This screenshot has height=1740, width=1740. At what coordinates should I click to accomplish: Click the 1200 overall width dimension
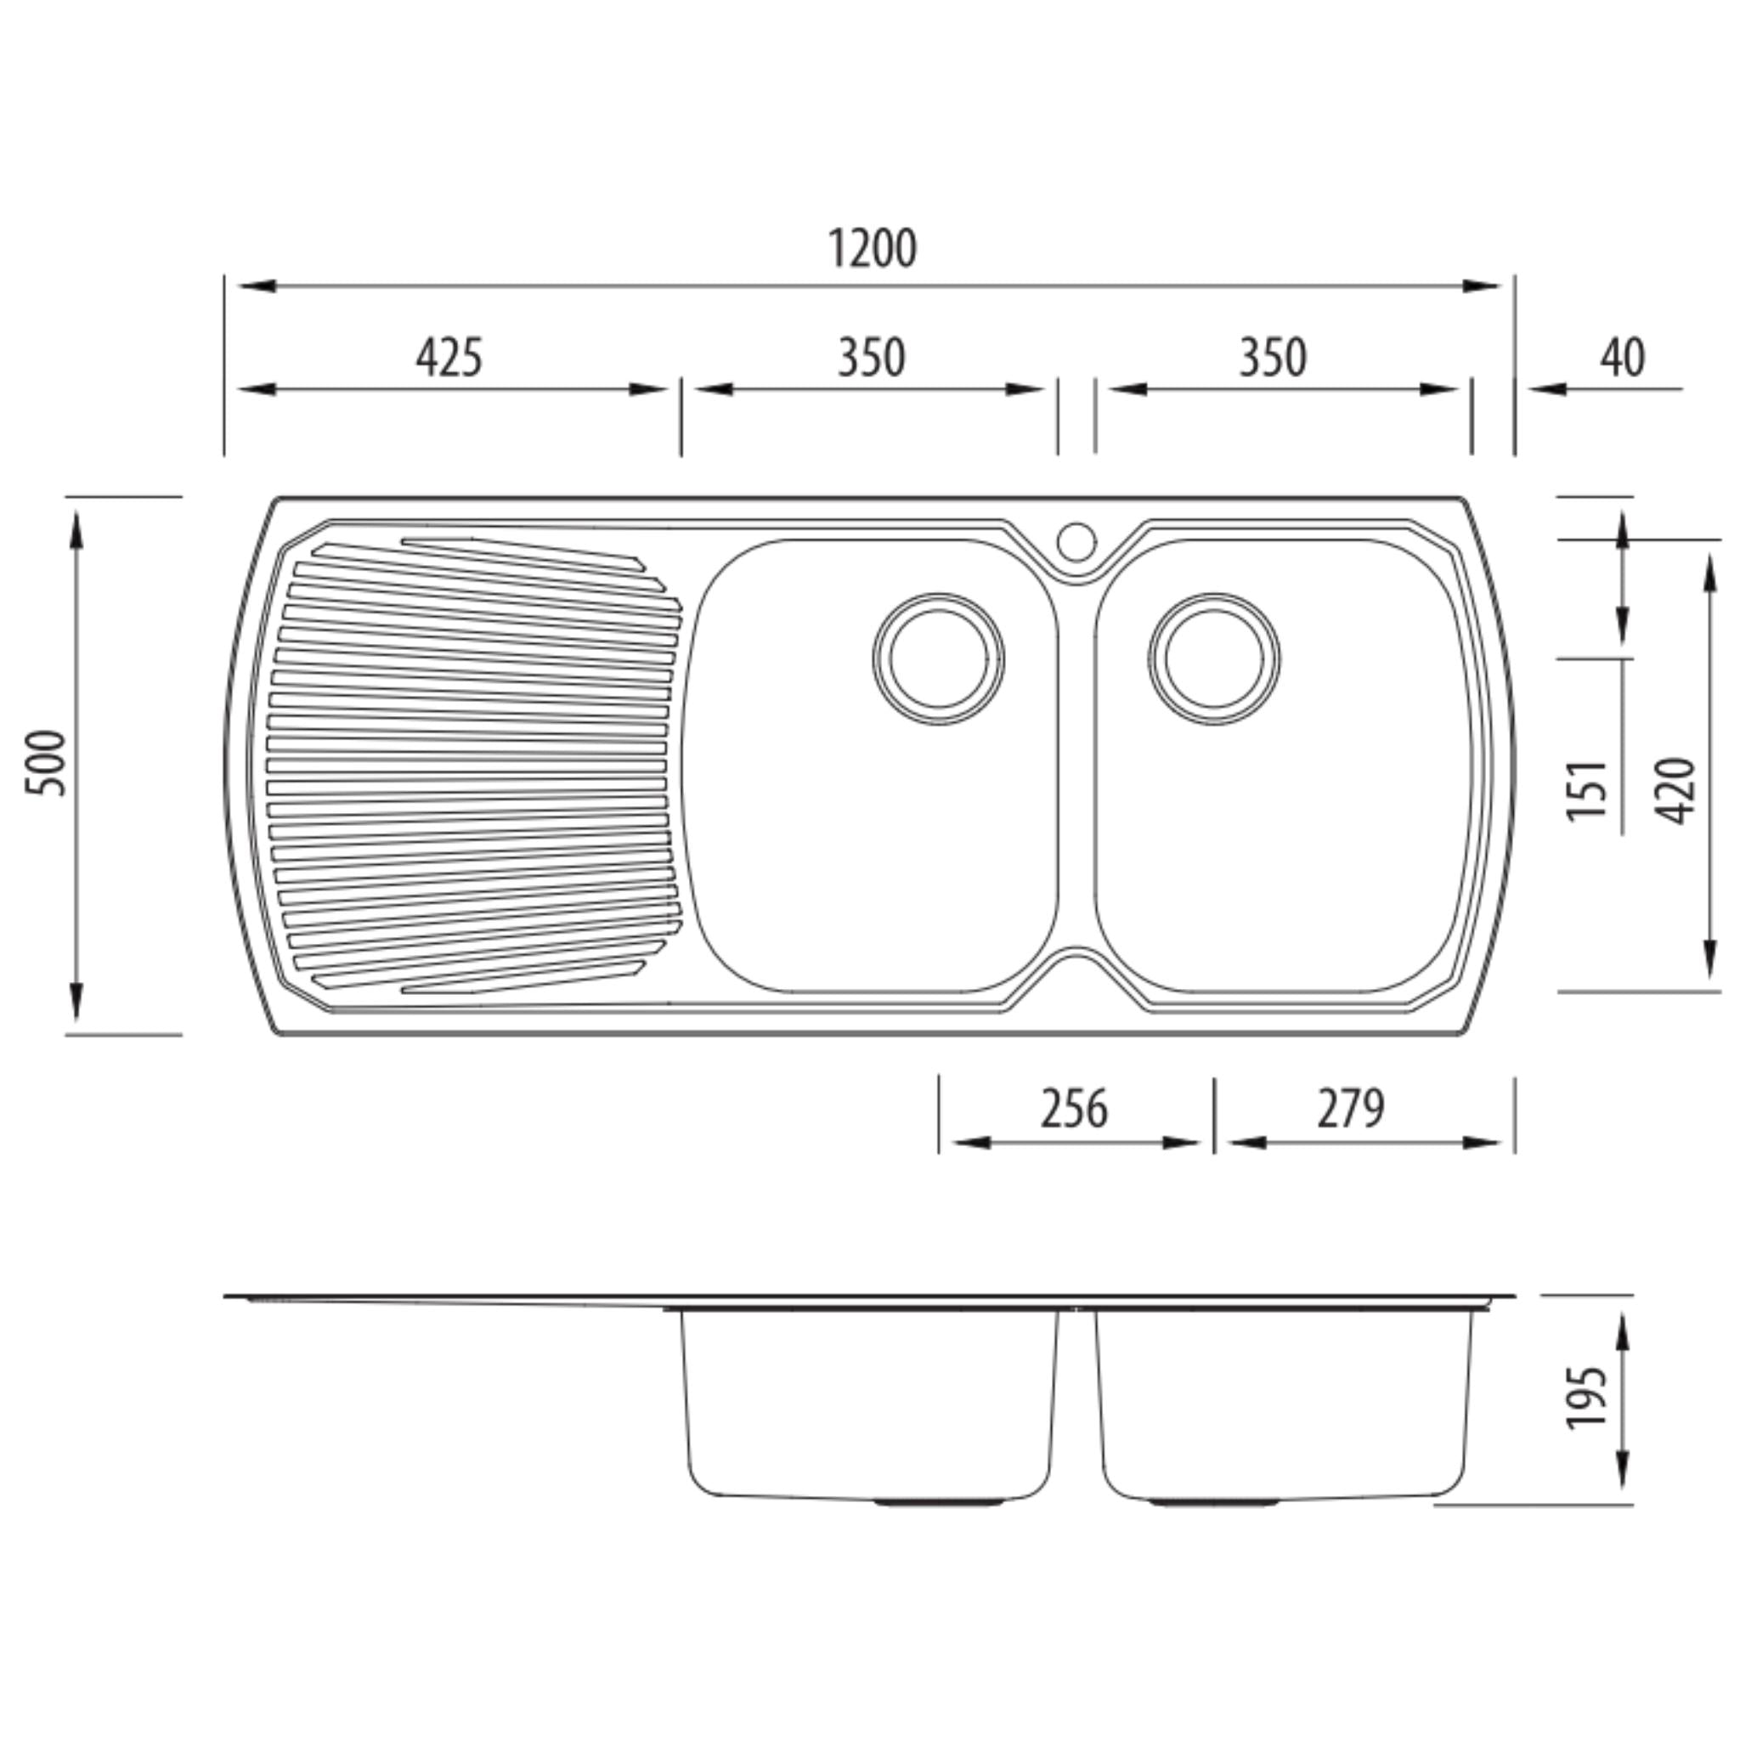pyautogui.click(x=872, y=250)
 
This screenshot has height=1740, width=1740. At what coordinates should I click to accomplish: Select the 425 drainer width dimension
pyautogui.click(x=449, y=358)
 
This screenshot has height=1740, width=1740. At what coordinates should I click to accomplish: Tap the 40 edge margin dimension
pyautogui.click(x=1622, y=358)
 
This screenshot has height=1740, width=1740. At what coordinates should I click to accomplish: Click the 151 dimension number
pyautogui.click(x=1587, y=790)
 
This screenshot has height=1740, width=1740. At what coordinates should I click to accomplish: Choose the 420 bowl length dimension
pyautogui.click(x=1676, y=790)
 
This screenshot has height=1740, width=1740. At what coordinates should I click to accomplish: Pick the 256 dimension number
pyautogui.click(x=1074, y=1109)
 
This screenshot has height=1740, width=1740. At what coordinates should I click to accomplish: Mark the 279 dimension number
pyautogui.click(x=1350, y=1109)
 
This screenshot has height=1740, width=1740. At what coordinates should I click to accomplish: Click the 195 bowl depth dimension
pyautogui.click(x=1587, y=1397)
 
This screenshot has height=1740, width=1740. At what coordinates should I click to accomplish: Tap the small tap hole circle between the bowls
pyautogui.click(x=1076, y=542)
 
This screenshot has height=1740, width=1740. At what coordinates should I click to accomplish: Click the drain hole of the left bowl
pyautogui.click(x=939, y=658)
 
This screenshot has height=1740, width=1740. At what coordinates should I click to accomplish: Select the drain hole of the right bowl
pyautogui.click(x=1214, y=658)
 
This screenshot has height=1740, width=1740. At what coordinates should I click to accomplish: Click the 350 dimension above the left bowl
pyautogui.click(x=871, y=358)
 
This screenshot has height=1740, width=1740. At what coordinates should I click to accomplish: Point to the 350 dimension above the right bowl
pyautogui.click(x=1273, y=358)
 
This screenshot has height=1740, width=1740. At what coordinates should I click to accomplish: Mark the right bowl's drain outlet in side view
pyautogui.click(x=1215, y=1502)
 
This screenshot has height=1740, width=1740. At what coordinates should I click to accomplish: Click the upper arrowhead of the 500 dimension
pyautogui.click(x=76, y=527)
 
